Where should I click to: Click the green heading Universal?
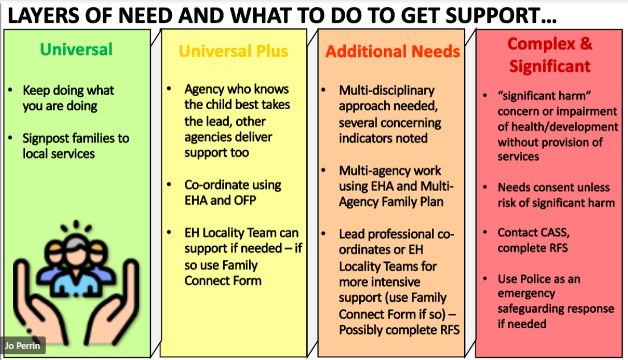(76, 49)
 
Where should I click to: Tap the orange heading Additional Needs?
(392, 52)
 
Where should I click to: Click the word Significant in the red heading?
(549, 67)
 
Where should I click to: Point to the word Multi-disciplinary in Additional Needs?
(386, 90)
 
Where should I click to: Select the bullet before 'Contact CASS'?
(485, 233)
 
